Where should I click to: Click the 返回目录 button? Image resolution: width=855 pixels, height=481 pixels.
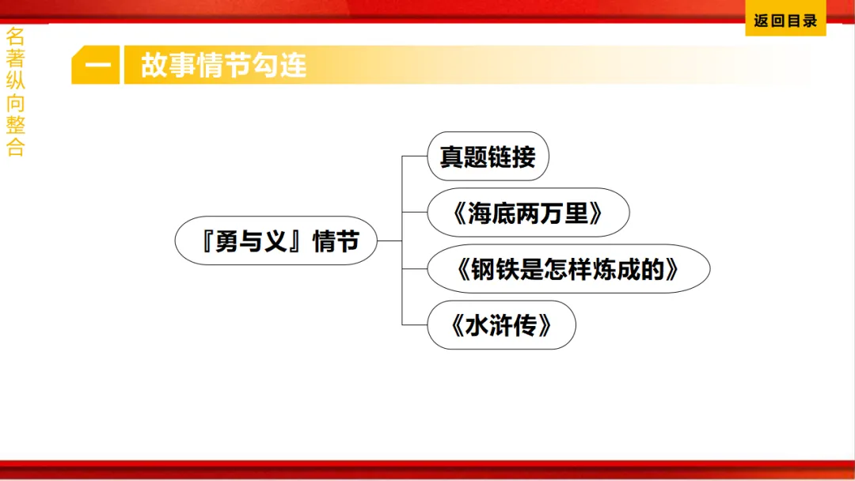tap(785, 21)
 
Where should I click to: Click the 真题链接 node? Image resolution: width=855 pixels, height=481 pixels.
tap(488, 157)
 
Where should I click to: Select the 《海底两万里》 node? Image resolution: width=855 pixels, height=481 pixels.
tap(528, 213)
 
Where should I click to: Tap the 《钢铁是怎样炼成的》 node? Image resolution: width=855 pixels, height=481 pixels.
tap(568, 269)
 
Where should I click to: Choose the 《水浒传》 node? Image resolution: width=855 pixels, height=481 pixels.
tap(501, 325)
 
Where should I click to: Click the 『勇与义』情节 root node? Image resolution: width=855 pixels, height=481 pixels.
tap(276, 240)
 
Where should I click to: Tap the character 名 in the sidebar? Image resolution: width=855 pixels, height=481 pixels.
tap(15, 36)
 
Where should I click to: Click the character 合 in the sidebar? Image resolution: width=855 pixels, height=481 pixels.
tap(15, 148)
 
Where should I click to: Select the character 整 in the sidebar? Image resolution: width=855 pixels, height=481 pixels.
tap(15, 125)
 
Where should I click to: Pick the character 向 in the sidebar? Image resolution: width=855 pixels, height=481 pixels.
tap(15, 103)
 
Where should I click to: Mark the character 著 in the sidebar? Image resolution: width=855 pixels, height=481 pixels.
tap(15, 59)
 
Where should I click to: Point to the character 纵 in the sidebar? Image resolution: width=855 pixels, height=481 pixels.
tap(15, 81)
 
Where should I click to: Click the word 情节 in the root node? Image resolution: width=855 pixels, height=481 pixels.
tap(335, 241)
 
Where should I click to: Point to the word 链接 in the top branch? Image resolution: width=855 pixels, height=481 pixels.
tap(512, 157)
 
